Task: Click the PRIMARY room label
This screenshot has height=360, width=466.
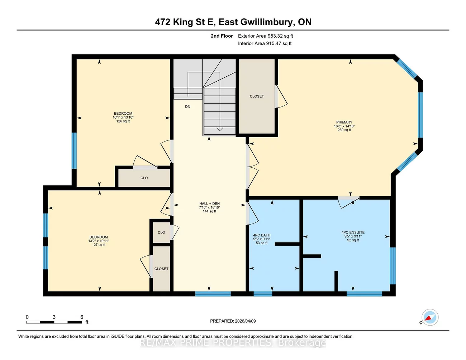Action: (x=344, y=122)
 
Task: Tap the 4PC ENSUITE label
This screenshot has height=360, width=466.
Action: (x=353, y=232)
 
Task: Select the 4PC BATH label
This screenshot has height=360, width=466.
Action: (x=262, y=235)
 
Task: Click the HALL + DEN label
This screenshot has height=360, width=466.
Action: (x=209, y=203)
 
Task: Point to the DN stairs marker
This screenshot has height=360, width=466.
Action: (x=187, y=107)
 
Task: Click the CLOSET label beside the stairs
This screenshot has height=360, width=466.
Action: (x=257, y=96)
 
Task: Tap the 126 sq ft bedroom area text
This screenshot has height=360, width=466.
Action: (x=123, y=121)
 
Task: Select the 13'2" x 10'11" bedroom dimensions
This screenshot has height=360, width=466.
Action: (x=99, y=241)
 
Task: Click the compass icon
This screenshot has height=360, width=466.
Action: (x=429, y=317)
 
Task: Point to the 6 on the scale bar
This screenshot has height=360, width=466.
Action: (x=82, y=317)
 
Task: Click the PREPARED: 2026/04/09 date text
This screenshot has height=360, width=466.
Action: (x=233, y=321)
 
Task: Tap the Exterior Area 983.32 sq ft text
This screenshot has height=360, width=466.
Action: (x=265, y=36)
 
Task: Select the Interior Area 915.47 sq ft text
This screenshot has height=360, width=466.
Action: (x=265, y=43)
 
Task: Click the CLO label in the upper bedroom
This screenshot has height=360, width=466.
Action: (x=144, y=178)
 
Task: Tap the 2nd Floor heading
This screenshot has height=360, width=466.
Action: (x=222, y=36)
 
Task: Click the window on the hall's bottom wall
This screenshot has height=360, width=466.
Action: (x=213, y=294)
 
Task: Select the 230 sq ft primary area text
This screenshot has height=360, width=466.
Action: (x=344, y=130)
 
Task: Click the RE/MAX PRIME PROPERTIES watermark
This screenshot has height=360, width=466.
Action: (x=233, y=343)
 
